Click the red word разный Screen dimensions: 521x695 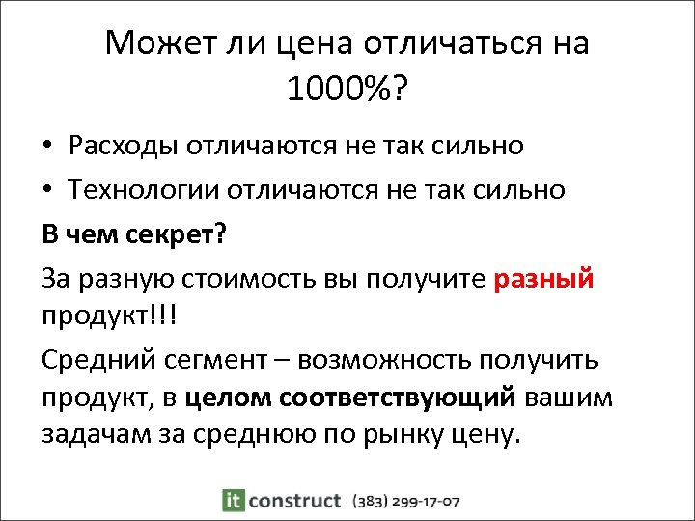click(x=543, y=279)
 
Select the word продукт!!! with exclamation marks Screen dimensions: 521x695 click(x=107, y=316)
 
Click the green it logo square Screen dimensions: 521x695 click(x=232, y=500)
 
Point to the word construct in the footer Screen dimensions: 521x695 click(x=293, y=500)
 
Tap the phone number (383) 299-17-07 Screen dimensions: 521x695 click(x=406, y=501)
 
